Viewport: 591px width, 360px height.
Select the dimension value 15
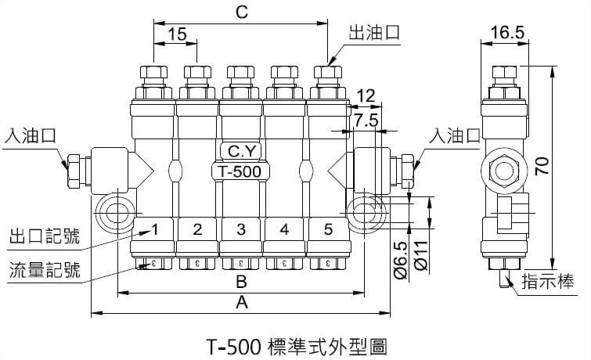tap(177, 34)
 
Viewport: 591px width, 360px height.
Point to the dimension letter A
tap(241, 304)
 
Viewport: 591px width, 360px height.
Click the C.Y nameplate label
tap(240, 149)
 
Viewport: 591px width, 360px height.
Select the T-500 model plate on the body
tap(240, 171)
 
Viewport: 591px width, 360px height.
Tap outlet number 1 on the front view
tap(155, 229)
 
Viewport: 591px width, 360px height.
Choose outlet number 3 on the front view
tap(241, 229)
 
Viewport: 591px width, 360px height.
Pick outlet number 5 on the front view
tap(327, 229)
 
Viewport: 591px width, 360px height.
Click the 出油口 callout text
tap(374, 32)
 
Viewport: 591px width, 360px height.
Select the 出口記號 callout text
tap(44, 235)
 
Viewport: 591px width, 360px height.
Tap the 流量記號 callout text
tap(44, 271)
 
